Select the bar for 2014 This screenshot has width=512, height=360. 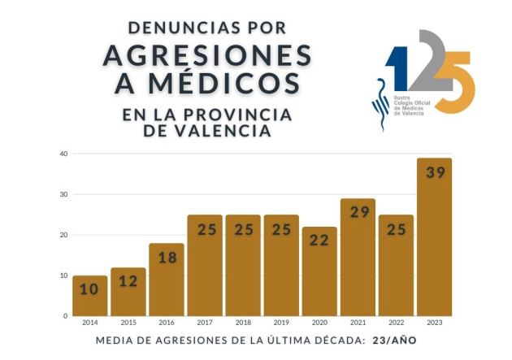click(89, 297)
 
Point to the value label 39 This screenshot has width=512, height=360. click(435, 172)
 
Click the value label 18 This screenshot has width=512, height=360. click(167, 258)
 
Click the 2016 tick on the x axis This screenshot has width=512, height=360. click(167, 323)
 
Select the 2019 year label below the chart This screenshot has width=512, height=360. click(281, 323)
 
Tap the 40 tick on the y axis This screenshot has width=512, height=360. click(63, 154)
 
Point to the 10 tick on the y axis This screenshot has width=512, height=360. click(63, 275)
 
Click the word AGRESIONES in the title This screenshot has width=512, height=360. click(207, 55)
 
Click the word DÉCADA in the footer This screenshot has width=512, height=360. click(332, 340)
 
